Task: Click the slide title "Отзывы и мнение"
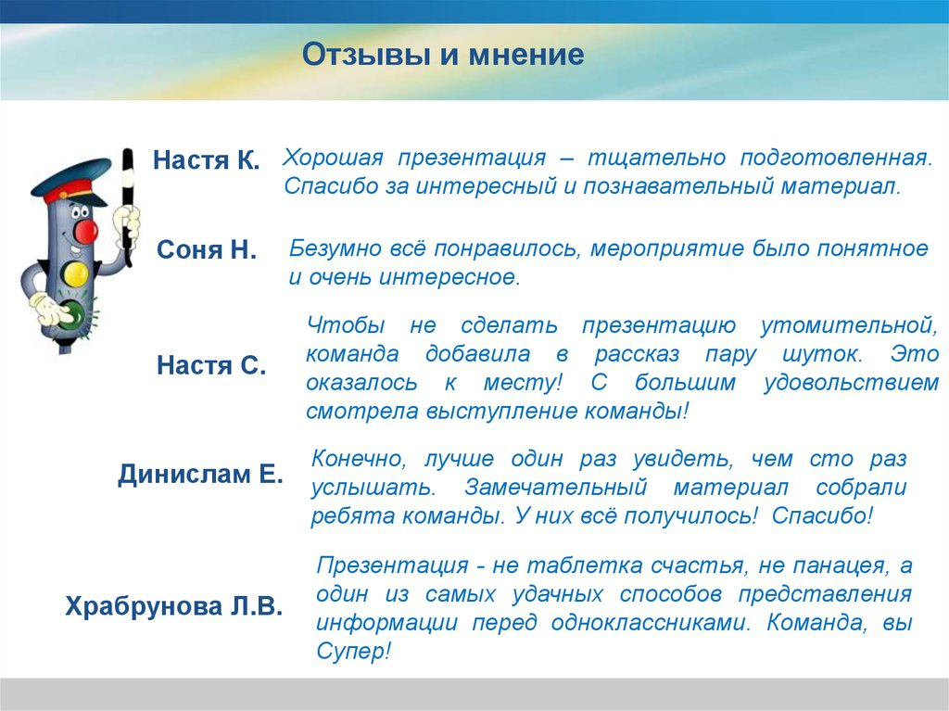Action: (443, 55)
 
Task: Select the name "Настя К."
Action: (206, 159)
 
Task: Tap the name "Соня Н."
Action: (207, 249)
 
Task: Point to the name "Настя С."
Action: (211, 365)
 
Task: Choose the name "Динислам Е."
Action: (200, 475)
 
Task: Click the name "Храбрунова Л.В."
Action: (173, 605)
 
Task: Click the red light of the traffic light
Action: (84, 230)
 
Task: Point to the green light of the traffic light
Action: (71, 314)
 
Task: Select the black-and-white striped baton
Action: (127, 207)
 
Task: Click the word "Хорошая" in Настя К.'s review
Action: (333, 158)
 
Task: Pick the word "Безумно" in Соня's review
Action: (335, 248)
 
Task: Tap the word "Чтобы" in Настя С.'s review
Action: (346, 325)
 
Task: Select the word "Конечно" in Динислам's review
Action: (359, 460)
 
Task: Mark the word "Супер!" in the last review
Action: (353, 652)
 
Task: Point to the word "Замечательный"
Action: (555, 488)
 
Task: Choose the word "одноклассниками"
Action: (652, 623)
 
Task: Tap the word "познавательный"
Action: (678, 186)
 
